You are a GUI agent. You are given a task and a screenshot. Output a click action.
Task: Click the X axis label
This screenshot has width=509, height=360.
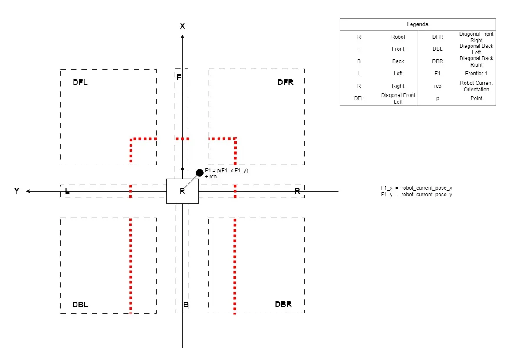(x=182, y=26)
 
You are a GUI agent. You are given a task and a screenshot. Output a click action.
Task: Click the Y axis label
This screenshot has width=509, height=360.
(x=17, y=191)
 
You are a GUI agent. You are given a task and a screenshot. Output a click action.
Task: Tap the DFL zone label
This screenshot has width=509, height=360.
(x=80, y=82)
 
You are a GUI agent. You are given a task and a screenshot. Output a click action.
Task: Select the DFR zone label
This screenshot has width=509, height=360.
(x=285, y=82)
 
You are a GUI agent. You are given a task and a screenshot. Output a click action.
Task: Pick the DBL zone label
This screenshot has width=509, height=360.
(x=80, y=304)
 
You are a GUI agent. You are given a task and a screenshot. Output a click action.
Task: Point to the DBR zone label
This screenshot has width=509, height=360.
(x=283, y=304)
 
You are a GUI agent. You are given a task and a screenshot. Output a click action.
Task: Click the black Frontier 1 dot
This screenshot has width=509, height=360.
(x=200, y=172)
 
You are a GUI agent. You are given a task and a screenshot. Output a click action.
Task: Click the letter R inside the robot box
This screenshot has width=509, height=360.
(x=182, y=191)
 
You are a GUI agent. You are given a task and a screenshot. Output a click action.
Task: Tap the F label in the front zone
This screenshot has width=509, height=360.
(x=179, y=77)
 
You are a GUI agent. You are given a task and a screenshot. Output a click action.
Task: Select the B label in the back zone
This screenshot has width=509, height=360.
(x=186, y=304)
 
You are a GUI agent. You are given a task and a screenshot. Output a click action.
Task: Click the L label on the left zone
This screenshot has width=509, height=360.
(x=67, y=191)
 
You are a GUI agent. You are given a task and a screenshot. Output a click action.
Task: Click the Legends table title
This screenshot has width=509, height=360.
(x=418, y=24)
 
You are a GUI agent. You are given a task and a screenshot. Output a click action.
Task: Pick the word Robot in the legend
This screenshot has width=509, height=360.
(x=398, y=37)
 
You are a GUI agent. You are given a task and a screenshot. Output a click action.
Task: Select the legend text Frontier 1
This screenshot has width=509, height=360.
(x=476, y=74)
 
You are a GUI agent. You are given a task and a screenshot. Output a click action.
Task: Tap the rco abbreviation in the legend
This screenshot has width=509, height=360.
(x=438, y=86)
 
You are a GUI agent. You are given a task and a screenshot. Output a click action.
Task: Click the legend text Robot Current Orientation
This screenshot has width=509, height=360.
(x=476, y=86)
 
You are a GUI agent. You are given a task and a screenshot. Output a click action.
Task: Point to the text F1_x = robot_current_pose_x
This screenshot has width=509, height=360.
(x=416, y=188)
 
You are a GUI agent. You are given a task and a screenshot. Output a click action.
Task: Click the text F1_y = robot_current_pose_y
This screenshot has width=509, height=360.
(x=416, y=195)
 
